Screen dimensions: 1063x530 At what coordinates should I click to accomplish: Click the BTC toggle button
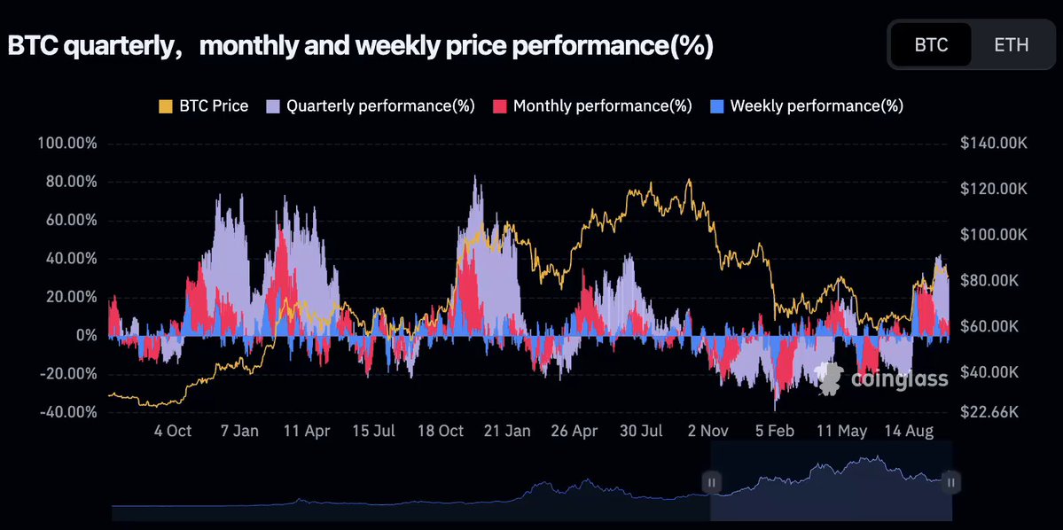point(931,44)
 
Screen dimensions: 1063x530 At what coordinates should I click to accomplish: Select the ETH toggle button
point(1012,44)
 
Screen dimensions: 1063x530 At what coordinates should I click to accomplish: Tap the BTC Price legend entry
point(203,105)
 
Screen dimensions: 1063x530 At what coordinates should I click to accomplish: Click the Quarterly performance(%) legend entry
point(371,105)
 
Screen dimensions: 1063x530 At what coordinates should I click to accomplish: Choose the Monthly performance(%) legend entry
point(592,105)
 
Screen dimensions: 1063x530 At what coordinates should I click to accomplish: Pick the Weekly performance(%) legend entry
point(807,105)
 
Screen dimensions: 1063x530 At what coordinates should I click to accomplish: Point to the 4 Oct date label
point(172,432)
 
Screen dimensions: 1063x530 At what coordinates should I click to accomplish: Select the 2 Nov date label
point(707,432)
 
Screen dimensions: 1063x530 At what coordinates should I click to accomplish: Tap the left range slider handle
point(711,482)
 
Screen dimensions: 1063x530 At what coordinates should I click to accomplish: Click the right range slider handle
point(951,482)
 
